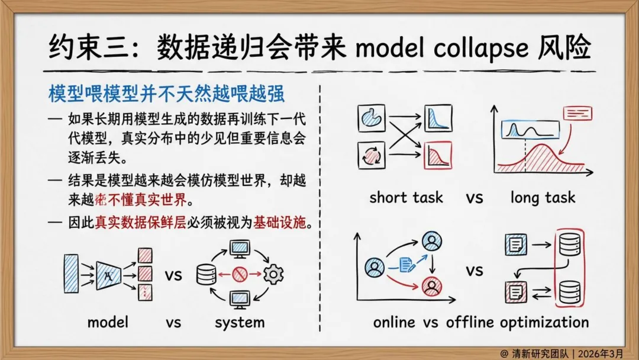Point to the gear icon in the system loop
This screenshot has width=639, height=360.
point(273,274)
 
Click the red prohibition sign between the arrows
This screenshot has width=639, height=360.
point(239,274)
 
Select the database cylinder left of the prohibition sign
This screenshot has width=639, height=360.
point(206,274)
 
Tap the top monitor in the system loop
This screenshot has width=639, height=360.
point(240,248)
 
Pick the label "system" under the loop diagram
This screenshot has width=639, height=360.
point(240,322)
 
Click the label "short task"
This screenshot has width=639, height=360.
point(406,197)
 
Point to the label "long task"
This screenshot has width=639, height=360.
point(542,197)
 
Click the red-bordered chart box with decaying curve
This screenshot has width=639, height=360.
point(438,155)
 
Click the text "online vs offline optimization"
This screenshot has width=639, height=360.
point(480,322)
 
